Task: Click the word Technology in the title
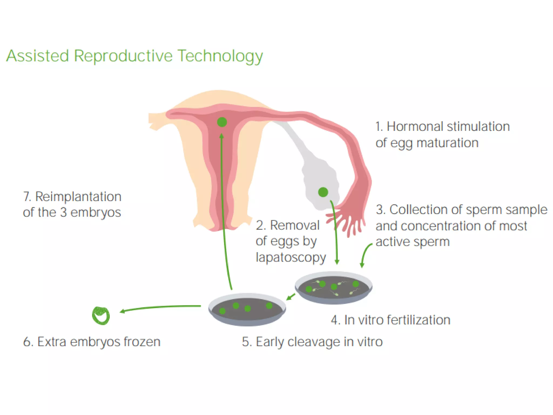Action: point(220,56)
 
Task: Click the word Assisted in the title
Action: point(38,56)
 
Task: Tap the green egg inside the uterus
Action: point(222,122)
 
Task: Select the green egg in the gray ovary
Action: point(323,192)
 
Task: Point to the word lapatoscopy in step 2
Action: point(291,257)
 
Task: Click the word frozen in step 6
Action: point(142,342)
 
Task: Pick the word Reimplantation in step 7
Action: point(78,197)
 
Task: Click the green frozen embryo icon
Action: point(101,316)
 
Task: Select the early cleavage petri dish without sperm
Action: point(247,309)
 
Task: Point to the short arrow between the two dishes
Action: point(291,297)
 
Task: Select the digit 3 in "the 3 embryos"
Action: point(63,213)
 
